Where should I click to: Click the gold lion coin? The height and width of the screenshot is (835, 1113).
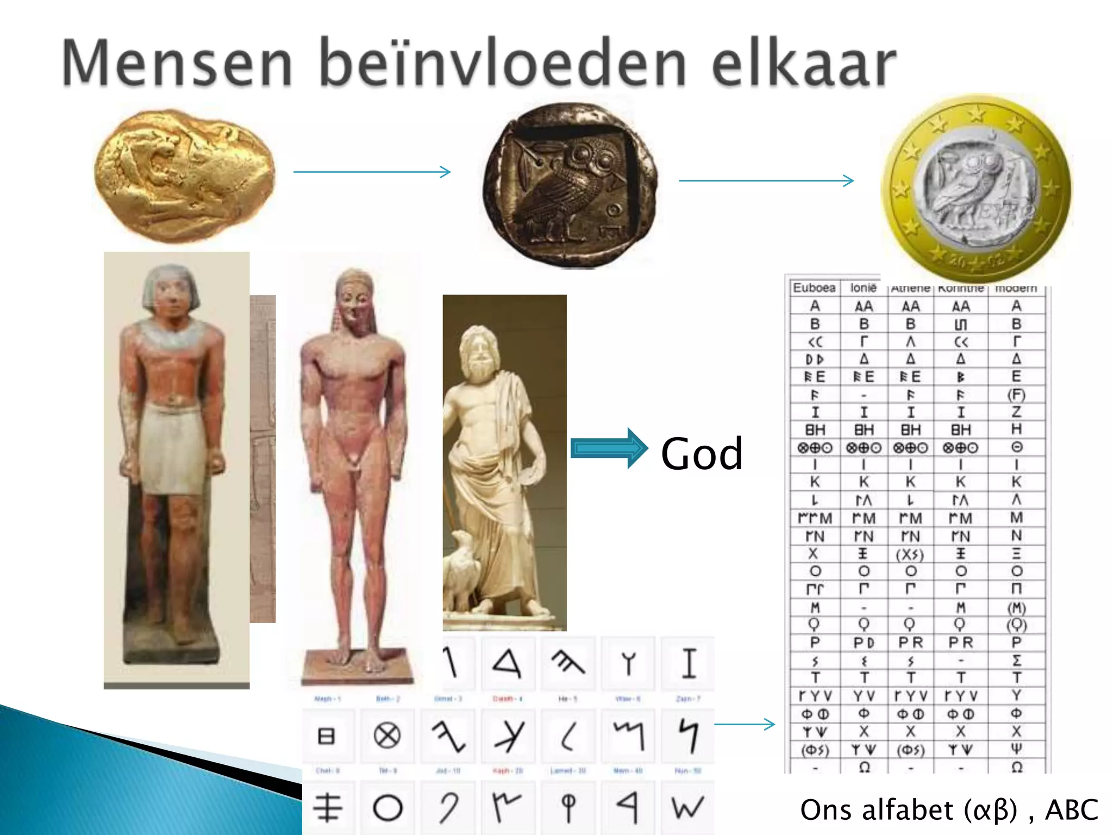(184, 175)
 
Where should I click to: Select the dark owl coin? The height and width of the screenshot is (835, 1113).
(571, 185)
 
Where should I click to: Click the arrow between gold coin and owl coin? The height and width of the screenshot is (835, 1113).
(372, 172)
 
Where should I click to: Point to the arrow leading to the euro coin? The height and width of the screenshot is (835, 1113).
(766, 180)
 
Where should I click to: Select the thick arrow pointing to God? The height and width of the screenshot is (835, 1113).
(609, 448)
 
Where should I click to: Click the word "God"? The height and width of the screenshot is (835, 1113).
(702, 453)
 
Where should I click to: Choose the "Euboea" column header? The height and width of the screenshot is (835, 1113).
(814, 288)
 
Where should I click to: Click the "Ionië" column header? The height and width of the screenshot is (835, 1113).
(864, 288)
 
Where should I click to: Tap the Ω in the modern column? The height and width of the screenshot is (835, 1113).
(1017, 767)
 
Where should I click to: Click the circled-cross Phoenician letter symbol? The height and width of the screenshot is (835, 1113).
(387, 736)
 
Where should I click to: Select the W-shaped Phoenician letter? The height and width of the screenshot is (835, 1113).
(687, 807)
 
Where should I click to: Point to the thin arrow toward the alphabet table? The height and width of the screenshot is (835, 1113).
(745, 724)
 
